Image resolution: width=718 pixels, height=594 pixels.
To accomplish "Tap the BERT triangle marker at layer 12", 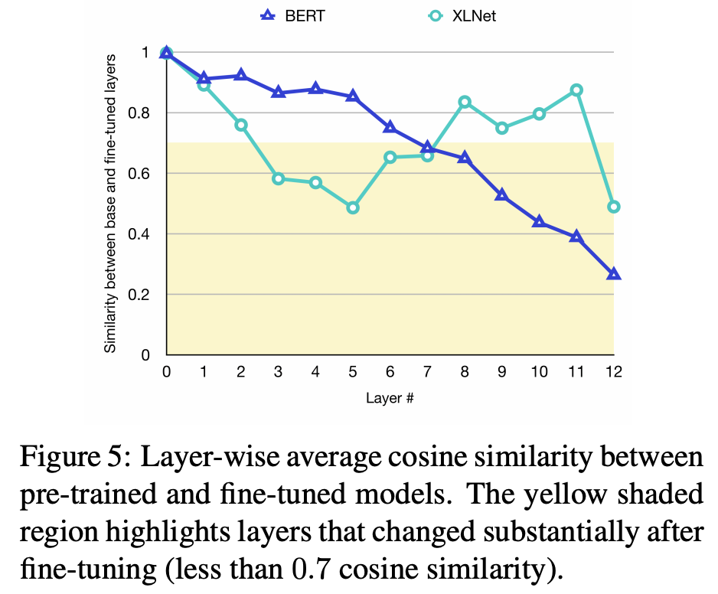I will [613, 274].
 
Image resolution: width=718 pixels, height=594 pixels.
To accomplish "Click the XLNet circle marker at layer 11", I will [576, 90].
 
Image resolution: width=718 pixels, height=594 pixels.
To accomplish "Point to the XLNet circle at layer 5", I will [353, 207].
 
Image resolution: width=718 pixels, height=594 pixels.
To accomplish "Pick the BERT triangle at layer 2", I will [241, 75].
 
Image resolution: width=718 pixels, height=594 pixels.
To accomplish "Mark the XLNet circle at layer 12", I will [613, 207].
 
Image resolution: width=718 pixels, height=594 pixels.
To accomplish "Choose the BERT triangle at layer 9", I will [501, 195].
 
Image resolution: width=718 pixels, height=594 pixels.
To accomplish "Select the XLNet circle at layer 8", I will [465, 102].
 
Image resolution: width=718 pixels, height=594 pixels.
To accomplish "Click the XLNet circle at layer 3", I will [278, 178].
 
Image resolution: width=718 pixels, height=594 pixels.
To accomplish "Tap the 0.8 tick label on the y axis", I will [142, 113].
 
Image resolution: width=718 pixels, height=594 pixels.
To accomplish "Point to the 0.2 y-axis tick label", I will [142, 295].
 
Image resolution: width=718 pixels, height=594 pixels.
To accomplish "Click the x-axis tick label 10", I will [539, 372].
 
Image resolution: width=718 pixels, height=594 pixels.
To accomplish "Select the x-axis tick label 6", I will [390, 372].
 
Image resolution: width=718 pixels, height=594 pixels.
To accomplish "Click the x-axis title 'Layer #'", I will [390, 399].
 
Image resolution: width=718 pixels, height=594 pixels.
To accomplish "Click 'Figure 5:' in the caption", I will [68, 459].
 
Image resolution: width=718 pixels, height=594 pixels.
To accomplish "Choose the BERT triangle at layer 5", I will [353, 96].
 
